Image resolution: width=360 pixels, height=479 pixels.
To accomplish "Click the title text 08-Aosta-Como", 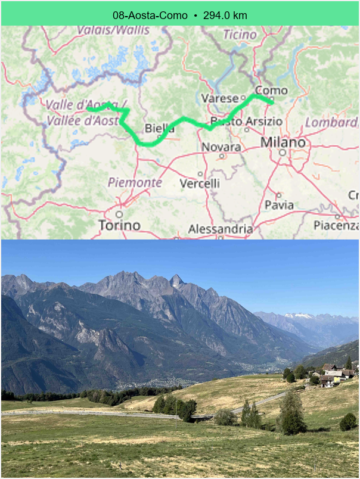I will (x=150, y=15).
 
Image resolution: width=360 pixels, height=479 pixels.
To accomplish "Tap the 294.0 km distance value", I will (x=225, y=15).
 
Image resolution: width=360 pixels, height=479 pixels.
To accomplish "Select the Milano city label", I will (x=283, y=143).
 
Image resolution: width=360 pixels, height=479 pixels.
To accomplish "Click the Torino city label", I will (x=120, y=225).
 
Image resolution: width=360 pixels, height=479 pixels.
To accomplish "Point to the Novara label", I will (x=221, y=147).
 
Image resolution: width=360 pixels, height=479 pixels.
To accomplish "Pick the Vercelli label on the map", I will (x=200, y=183).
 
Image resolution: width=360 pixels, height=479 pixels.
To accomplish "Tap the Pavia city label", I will (x=279, y=205).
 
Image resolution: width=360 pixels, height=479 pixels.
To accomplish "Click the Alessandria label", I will (x=221, y=229).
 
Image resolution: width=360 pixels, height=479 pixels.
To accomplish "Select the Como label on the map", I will (x=271, y=91).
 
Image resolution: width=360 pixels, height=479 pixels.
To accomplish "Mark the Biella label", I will (x=160, y=128).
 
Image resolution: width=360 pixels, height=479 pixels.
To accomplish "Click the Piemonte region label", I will (x=135, y=182).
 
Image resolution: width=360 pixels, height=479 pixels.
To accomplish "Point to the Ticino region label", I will (x=240, y=34).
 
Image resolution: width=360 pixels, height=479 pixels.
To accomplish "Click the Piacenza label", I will (x=336, y=225).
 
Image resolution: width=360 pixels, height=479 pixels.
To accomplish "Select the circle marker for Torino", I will (x=119, y=214).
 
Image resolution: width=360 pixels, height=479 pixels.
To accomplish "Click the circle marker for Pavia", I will (x=278, y=195).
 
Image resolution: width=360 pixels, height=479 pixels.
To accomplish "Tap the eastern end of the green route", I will (x=272, y=102).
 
